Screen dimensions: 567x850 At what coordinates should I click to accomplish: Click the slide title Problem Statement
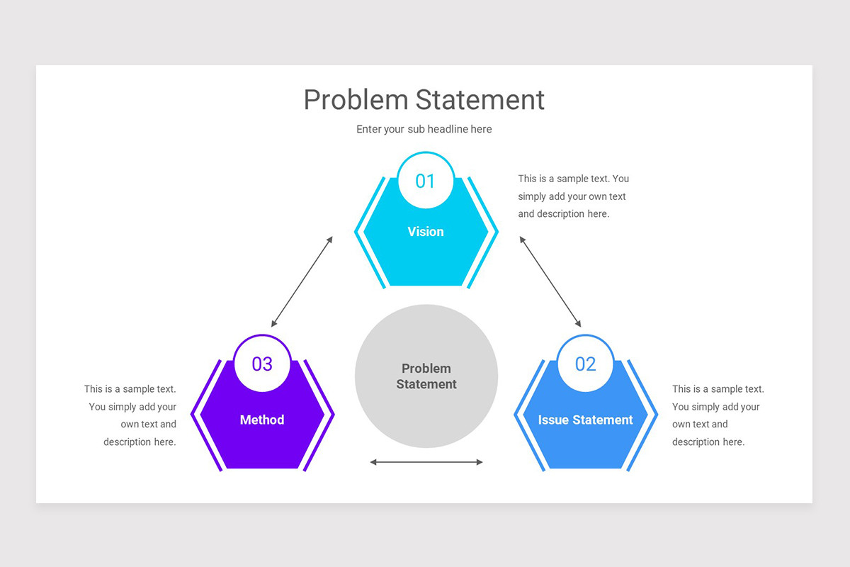point(424,100)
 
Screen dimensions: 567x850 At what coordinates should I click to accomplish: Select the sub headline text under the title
point(424,129)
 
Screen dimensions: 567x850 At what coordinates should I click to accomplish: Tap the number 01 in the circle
point(425,181)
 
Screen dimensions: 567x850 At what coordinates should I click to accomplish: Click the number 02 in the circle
point(585,364)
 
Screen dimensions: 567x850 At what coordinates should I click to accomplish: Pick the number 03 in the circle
point(262,364)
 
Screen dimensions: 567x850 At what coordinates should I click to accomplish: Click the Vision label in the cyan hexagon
point(426,232)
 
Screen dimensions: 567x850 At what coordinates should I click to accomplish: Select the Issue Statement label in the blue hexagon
point(585,420)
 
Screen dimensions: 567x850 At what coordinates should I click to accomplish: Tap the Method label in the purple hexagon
point(262,420)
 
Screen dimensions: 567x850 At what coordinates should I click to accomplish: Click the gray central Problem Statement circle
point(426,376)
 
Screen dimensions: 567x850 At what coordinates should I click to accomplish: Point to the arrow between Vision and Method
point(302,281)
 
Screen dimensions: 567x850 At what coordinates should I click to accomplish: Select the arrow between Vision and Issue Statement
point(550,281)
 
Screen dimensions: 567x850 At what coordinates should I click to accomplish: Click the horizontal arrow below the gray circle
point(426,462)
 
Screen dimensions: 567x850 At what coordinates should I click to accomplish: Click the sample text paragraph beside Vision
point(573,196)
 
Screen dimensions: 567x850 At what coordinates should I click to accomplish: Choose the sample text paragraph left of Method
point(131,415)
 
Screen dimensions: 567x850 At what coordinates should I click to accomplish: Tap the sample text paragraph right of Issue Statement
point(717,415)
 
